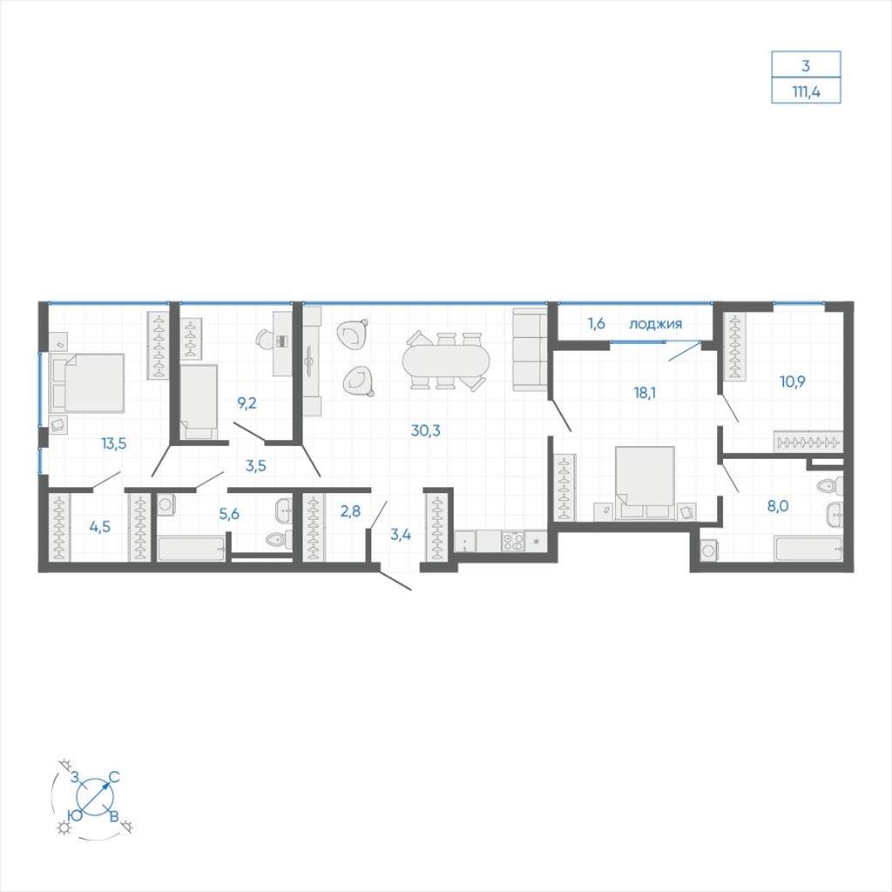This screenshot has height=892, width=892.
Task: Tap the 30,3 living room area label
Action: [x=425, y=430]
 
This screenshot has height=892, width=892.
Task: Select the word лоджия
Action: [x=655, y=324]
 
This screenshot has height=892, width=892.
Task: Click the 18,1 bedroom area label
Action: [x=645, y=393]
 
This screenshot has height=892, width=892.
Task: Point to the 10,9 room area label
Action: [x=793, y=382]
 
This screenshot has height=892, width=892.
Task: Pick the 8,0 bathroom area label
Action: [x=778, y=506]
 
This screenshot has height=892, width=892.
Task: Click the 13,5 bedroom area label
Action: [x=114, y=443]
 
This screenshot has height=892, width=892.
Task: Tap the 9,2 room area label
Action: [x=247, y=403]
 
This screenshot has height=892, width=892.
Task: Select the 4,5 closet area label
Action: [x=99, y=527]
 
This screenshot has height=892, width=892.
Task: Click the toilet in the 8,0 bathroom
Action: [x=829, y=486]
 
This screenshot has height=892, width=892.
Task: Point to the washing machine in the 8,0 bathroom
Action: [x=709, y=551]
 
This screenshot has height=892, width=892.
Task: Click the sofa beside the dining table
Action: [x=530, y=350]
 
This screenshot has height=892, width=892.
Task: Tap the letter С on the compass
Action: [x=114, y=776]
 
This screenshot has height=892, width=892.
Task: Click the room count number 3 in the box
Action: [x=806, y=65]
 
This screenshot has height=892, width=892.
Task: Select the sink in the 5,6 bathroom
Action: [x=283, y=510]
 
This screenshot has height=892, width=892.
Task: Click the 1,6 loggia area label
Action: [x=596, y=324]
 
